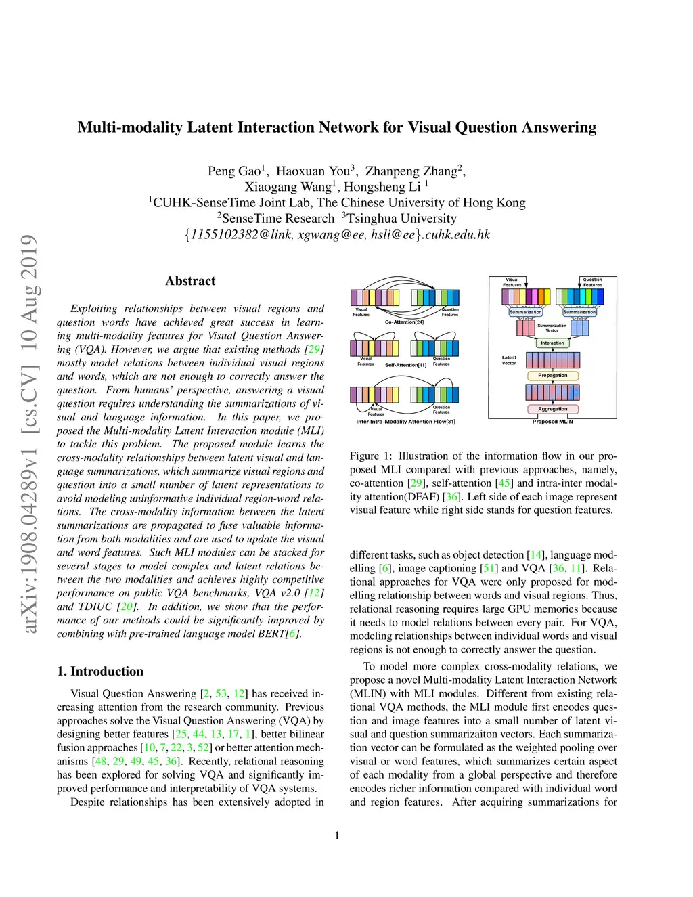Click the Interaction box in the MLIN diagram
pyautogui.click(x=552, y=343)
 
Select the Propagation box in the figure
pyautogui.click(x=553, y=376)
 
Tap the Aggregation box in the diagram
pyautogui.click(x=553, y=409)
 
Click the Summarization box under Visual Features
pyautogui.click(x=526, y=312)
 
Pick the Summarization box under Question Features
pyautogui.click(x=580, y=312)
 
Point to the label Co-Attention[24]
pyautogui.click(x=404, y=322)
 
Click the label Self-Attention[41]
pyautogui.click(x=405, y=365)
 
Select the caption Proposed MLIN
pyautogui.click(x=552, y=422)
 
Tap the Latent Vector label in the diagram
pyautogui.click(x=509, y=360)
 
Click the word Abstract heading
pyautogui.click(x=190, y=281)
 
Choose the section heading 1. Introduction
pyautogui.click(x=100, y=671)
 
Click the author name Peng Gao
pyautogui.click(x=234, y=171)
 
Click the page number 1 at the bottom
pyautogui.click(x=337, y=835)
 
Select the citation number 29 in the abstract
pyautogui.click(x=314, y=349)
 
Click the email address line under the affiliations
pyautogui.click(x=337, y=235)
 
